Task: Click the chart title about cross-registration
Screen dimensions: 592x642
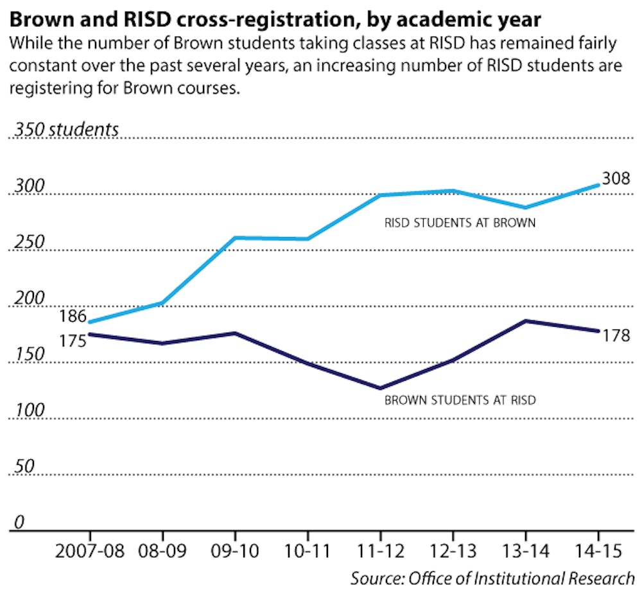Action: pos(275,18)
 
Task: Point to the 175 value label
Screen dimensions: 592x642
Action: pos(74,340)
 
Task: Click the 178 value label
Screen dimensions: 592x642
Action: pos(616,335)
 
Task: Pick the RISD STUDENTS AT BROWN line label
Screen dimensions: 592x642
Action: pos(460,224)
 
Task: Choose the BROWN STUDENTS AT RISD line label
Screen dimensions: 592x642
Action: pos(460,400)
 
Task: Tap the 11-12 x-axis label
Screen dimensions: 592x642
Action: pos(381,552)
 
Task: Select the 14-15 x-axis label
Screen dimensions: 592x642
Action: pos(598,552)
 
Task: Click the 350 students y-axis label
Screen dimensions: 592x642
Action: pos(67,129)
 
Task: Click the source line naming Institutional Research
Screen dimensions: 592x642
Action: pos(492,577)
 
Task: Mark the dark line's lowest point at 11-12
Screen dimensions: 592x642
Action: pos(381,388)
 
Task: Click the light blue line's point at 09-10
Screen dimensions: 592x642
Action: pos(235,238)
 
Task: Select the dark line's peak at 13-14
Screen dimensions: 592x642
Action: pos(526,320)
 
